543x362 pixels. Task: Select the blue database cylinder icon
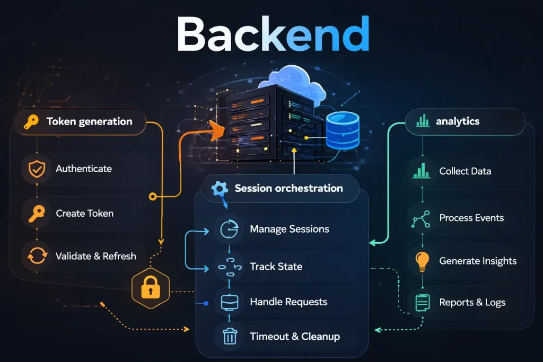[342, 130]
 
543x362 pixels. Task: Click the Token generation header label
[89, 121]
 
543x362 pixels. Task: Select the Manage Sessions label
[289, 229]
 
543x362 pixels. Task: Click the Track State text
[276, 266]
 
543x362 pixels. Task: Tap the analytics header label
[457, 121]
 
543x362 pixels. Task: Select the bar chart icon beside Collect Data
[422, 171]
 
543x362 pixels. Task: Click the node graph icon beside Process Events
[422, 218]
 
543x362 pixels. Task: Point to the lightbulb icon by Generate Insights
[422, 261]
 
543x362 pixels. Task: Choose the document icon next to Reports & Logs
[422, 303]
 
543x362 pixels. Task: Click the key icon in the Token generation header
[31, 122]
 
